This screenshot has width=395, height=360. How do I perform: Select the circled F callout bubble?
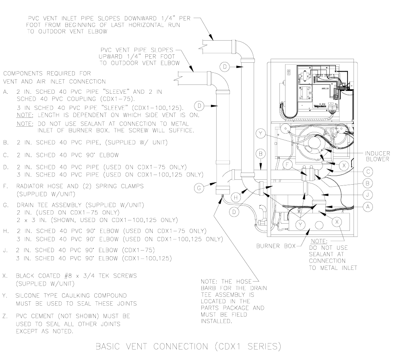[287, 165]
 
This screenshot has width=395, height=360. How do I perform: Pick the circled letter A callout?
[366, 206]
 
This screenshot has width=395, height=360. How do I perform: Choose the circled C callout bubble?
[366, 171]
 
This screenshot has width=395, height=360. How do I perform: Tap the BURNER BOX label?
[275, 246]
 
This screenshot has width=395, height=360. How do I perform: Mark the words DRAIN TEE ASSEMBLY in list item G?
[49, 205]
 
